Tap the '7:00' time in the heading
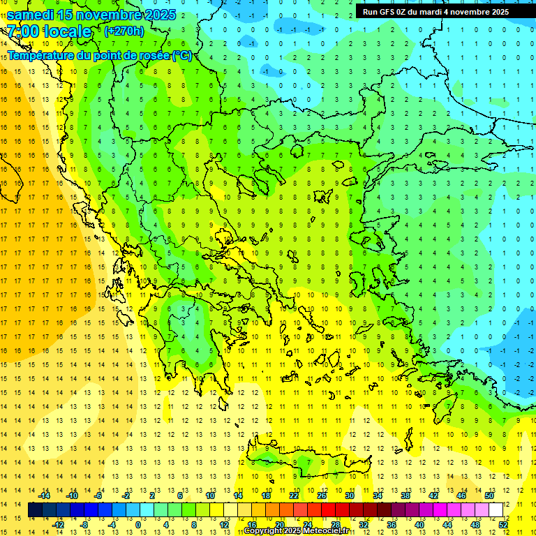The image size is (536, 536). coord(22,31)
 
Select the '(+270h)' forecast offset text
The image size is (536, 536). coord(124,31)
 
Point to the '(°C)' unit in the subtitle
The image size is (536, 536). coord(181,55)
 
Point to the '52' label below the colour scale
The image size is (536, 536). coord(502,524)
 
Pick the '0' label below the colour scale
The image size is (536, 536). coord(138,524)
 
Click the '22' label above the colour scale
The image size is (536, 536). coord(294,496)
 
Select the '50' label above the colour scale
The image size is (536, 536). coord(489,496)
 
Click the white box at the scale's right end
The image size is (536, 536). coord(496,510)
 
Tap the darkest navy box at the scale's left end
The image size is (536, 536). coord(36,510)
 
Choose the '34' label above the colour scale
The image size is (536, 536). coord(378,496)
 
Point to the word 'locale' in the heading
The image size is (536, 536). coord(68,31)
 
